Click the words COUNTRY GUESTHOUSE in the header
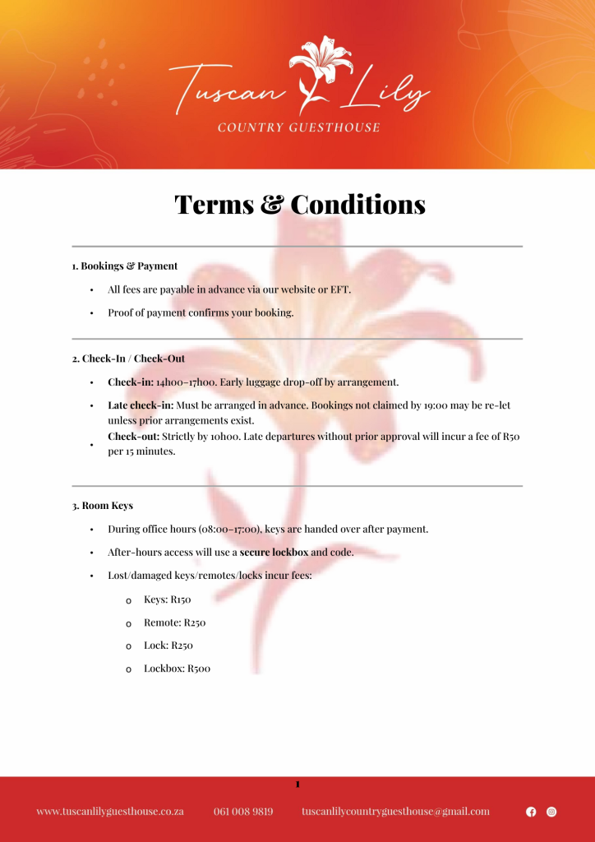tap(298, 127)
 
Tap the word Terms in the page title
tap(213, 205)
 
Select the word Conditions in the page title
tap(358, 205)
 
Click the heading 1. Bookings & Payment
tap(125, 266)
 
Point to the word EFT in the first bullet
tap(340, 289)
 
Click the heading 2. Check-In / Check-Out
tap(133, 359)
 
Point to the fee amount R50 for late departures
tap(510, 437)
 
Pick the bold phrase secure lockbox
tap(274, 552)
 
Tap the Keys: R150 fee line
tap(167, 599)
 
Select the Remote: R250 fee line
tap(174, 622)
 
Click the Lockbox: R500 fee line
tap(177, 669)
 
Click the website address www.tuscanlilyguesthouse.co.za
tap(109, 812)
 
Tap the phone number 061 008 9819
tap(243, 812)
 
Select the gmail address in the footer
tap(395, 812)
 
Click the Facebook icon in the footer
tap(531, 812)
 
